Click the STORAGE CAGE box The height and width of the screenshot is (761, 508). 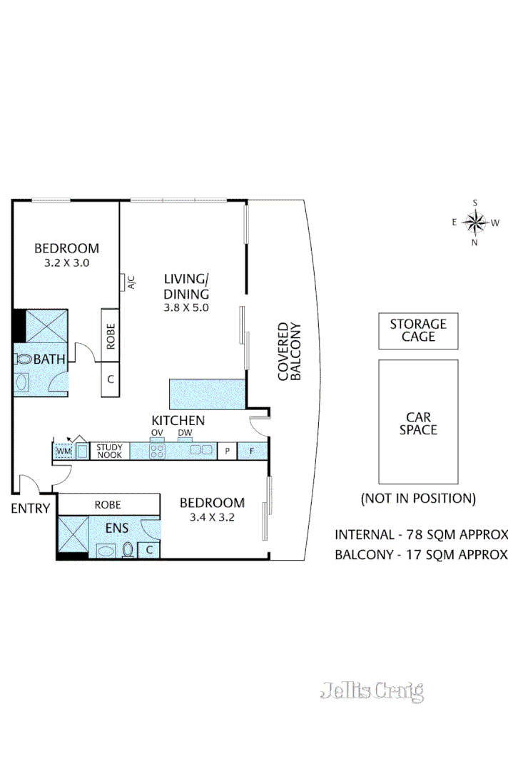(x=418, y=330)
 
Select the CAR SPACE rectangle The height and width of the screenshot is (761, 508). (x=418, y=422)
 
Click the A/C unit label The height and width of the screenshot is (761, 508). (x=131, y=282)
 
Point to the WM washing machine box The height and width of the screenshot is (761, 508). (x=63, y=451)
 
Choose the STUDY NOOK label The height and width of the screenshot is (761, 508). (x=109, y=451)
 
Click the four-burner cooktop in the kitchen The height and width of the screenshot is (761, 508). (x=157, y=451)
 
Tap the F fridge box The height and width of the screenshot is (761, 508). (x=252, y=451)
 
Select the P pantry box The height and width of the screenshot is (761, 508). (x=227, y=451)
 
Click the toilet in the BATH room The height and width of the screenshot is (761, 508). (x=22, y=359)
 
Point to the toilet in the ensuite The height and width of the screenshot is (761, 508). (x=128, y=550)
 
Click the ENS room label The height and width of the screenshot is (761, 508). (x=117, y=528)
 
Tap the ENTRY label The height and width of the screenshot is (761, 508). (x=31, y=508)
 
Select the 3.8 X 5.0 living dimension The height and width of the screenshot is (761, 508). (x=186, y=307)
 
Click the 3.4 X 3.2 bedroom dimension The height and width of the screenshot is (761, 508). (x=212, y=517)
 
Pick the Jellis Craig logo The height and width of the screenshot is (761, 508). (x=372, y=691)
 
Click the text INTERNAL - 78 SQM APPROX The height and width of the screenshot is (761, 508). (x=421, y=534)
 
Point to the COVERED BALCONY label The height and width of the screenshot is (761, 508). (x=290, y=352)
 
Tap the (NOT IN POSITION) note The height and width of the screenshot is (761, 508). (x=418, y=499)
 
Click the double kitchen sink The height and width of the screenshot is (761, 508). (x=200, y=450)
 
